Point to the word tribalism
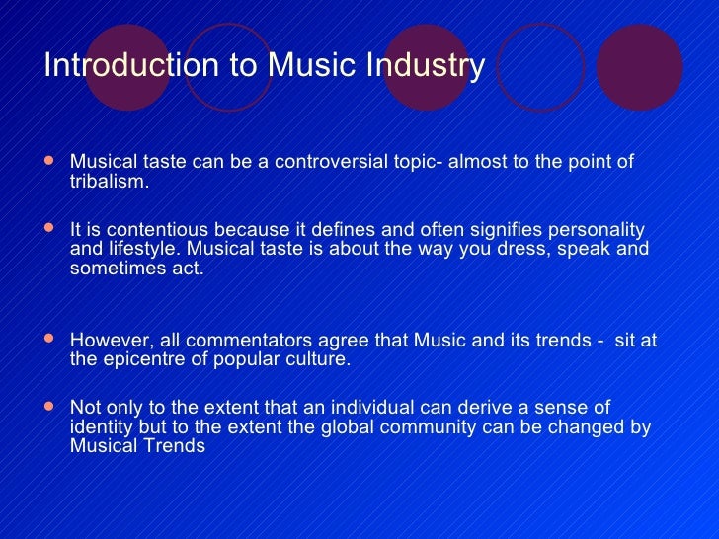pos(110,182)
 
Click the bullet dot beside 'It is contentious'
pos(51,227)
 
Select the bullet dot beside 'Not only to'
pos(51,406)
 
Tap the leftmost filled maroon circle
pos(127,66)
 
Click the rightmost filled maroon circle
pos(640,66)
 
